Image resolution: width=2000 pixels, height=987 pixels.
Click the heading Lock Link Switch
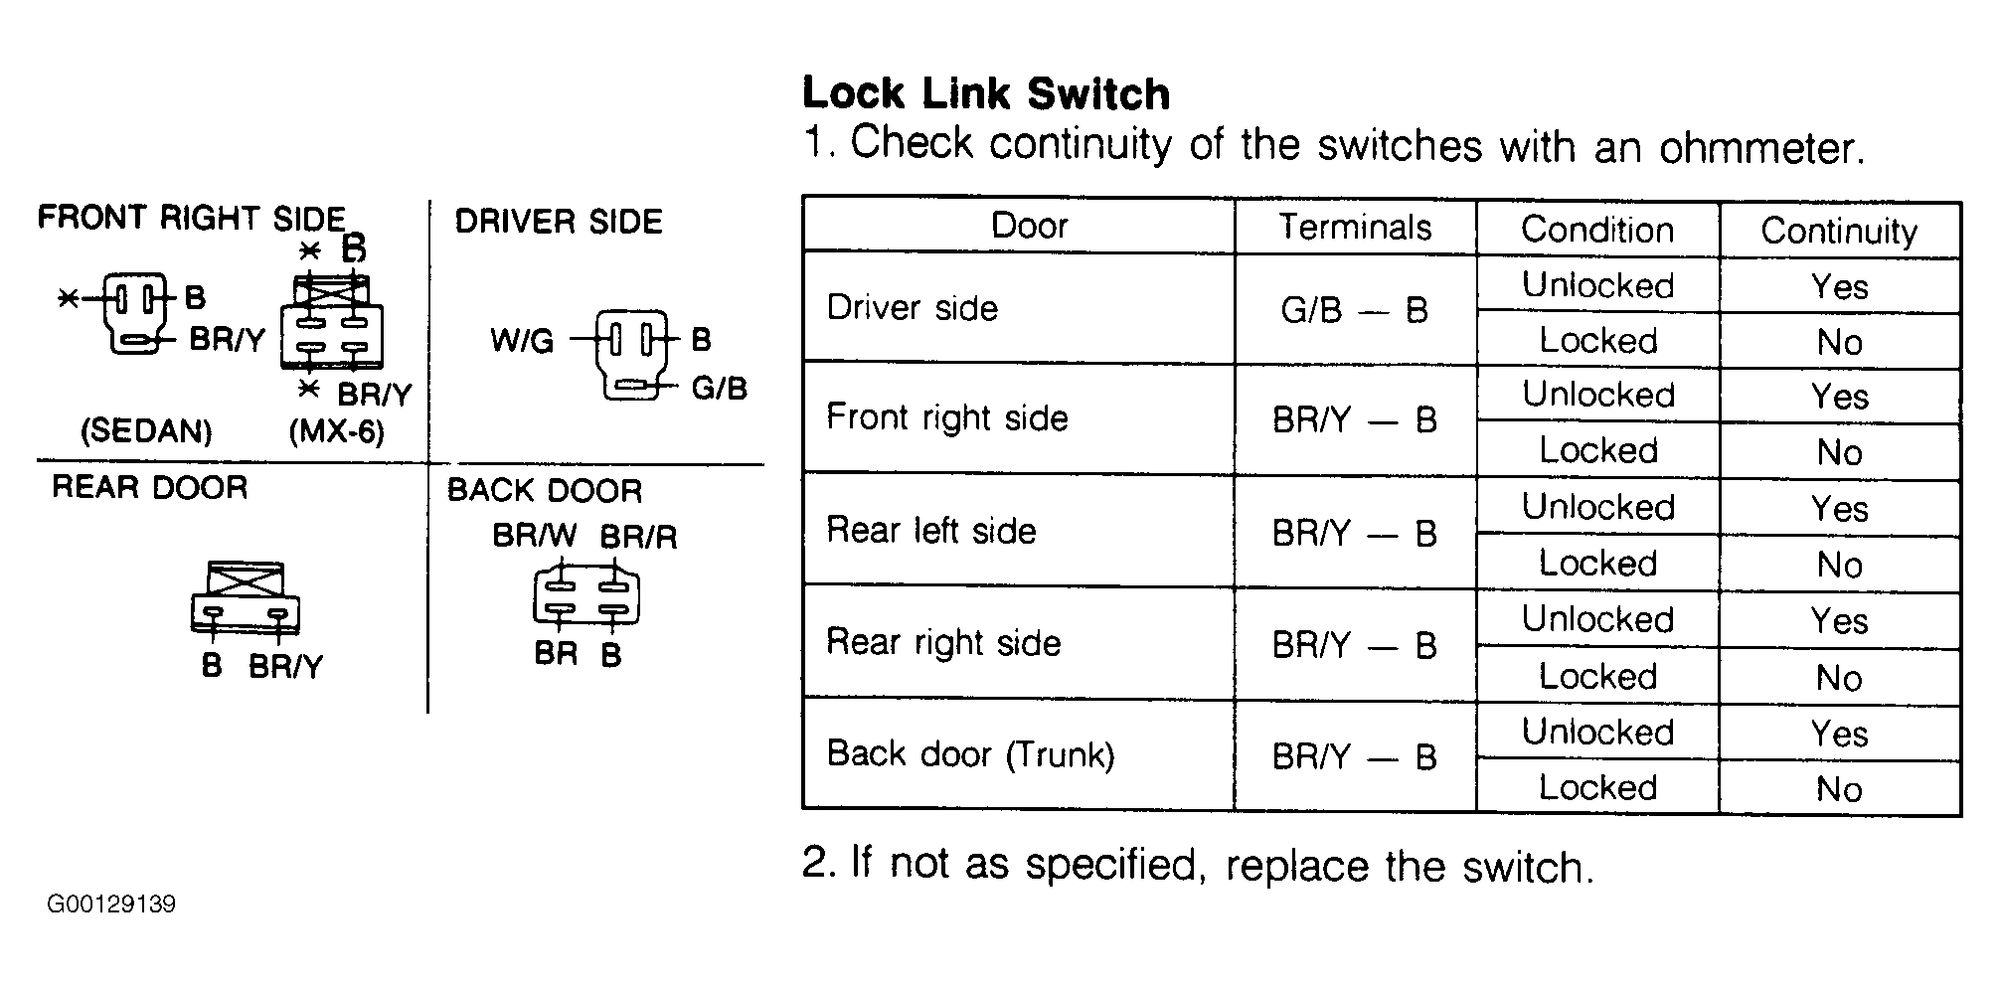click(986, 93)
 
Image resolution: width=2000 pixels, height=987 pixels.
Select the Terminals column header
click(1355, 227)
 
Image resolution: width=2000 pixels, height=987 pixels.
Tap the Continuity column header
click(1839, 231)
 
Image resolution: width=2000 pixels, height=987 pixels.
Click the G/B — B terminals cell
click(1354, 310)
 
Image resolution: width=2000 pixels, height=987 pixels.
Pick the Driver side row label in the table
click(912, 307)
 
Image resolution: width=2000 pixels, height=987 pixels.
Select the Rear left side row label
click(931, 530)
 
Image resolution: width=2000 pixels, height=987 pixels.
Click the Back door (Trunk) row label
click(970, 754)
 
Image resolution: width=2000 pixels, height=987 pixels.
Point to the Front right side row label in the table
click(947, 417)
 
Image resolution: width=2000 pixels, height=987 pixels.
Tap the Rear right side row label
click(943, 642)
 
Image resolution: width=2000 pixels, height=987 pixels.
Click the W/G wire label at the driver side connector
click(522, 341)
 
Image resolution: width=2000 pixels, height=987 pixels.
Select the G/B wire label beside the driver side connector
click(719, 388)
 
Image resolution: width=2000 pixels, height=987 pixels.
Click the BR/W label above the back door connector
click(534, 537)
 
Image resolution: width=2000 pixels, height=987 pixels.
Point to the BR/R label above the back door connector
click(638, 537)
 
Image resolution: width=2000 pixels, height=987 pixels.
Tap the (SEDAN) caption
click(146, 430)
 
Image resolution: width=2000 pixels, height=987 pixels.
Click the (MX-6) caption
click(336, 431)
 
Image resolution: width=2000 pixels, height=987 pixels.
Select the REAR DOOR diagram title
click(149, 487)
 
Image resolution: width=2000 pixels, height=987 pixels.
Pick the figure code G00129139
click(111, 904)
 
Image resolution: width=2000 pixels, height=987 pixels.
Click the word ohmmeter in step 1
click(1760, 148)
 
